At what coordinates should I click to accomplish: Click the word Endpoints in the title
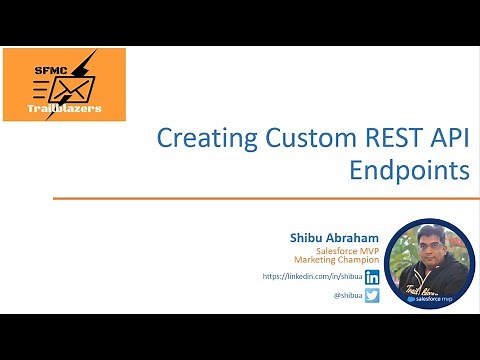tap(409, 170)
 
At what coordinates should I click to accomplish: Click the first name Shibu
tap(305, 236)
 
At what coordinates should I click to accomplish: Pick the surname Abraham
tap(350, 236)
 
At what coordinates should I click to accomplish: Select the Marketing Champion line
tap(335, 261)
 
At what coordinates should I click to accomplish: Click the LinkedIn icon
tap(372, 277)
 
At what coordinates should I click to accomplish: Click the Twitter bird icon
tap(372, 295)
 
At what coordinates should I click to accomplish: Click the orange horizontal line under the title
tap(260, 199)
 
